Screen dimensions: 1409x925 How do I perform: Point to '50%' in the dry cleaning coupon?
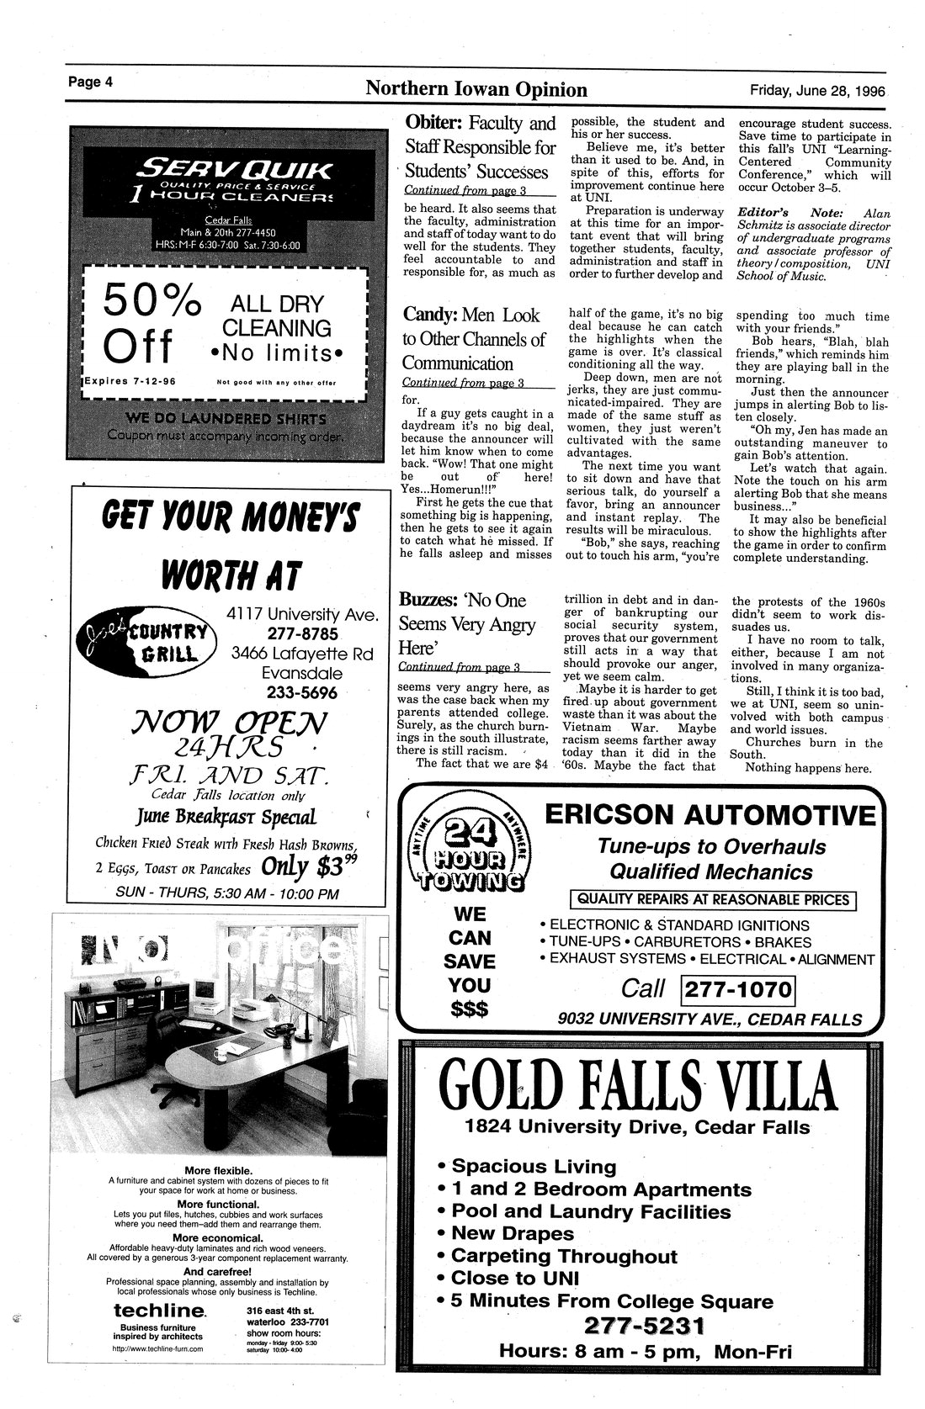click(x=152, y=300)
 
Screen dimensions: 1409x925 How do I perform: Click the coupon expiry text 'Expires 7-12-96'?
click(x=130, y=381)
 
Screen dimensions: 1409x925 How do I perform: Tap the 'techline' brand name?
click(x=158, y=1311)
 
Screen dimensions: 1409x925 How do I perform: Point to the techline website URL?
click(x=157, y=1348)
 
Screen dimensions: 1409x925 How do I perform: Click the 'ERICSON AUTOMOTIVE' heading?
click(x=709, y=815)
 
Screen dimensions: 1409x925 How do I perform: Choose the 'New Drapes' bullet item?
click(x=512, y=1233)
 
